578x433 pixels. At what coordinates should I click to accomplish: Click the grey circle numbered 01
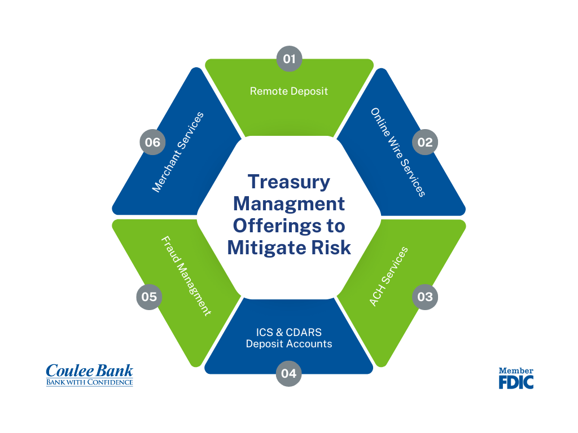click(x=290, y=59)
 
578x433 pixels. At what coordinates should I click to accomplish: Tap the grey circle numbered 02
click(x=425, y=142)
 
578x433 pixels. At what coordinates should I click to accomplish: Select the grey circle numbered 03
click(x=425, y=297)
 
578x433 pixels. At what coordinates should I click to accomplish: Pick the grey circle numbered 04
click(x=288, y=373)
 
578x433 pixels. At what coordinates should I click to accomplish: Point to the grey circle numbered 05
click(x=149, y=297)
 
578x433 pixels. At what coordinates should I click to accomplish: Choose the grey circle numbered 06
click(x=152, y=142)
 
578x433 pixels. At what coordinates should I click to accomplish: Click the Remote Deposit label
click(x=289, y=91)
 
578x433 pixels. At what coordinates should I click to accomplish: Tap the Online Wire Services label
click(x=398, y=152)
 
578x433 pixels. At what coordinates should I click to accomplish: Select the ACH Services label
click(x=388, y=276)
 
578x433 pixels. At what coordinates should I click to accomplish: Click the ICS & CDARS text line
click(x=289, y=332)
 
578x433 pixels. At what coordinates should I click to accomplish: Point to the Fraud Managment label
click(x=186, y=276)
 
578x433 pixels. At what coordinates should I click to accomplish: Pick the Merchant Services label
click(x=178, y=152)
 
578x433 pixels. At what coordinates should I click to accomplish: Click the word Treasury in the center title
click(x=289, y=182)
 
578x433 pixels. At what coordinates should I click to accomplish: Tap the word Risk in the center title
click(x=331, y=248)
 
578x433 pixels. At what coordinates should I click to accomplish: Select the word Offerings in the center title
click(x=277, y=226)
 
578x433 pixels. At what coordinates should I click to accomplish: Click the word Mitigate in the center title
click(x=267, y=248)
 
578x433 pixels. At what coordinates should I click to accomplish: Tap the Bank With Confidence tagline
click(x=90, y=382)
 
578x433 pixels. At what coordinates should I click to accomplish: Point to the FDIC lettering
click(x=516, y=382)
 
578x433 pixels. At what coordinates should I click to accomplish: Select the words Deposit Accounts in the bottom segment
click(x=289, y=344)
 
